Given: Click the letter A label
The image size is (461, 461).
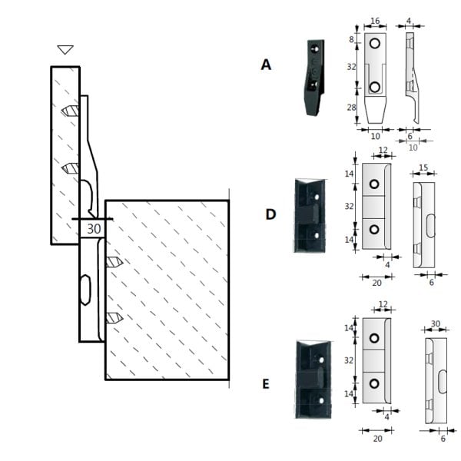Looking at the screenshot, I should pyautogui.click(x=266, y=65).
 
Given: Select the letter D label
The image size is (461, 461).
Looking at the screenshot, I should pyautogui.click(x=270, y=214).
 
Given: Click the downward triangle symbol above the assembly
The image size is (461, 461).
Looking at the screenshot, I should pyautogui.click(x=65, y=50).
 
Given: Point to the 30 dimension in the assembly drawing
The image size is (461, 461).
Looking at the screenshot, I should pyautogui.click(x=94, y=228).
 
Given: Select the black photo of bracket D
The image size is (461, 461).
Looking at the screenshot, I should pyautogui.click(x=312, y=215).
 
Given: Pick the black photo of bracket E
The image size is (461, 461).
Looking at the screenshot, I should pyautogui.click(x=313, y=381).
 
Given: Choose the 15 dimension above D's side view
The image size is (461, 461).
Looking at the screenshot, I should pyautogui.click(x=423, y=167).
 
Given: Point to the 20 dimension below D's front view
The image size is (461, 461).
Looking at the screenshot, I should pyautogui.click(x=377, y=283).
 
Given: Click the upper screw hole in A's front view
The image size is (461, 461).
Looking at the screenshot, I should pyautogui.click(x=374, y=45).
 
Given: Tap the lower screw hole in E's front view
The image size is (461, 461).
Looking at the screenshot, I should pyautogui.click(x=375, y=383).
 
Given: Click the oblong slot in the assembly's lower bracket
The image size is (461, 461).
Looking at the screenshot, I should pyautogui.click(x=85, y=293).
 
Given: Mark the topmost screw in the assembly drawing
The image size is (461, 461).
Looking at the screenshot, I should pyautogui.click(x=70, y=111).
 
